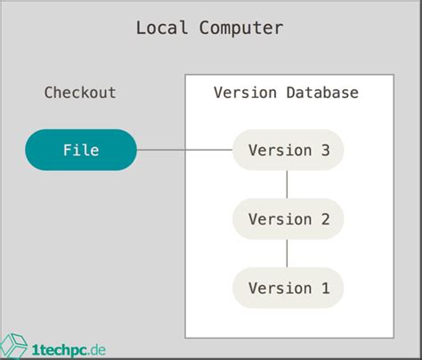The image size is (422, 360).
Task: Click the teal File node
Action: click(80, 150)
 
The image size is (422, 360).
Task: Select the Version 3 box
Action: click(287, 150)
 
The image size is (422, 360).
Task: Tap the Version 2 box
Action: click(287, 219)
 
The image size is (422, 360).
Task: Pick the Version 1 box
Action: click(287, 288)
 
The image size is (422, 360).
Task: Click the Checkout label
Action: click(80, 93)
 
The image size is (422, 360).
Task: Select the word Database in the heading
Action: click(321, 93)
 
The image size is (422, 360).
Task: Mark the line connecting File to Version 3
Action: click(183, 150)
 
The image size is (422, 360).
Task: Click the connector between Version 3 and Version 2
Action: click(287, 184)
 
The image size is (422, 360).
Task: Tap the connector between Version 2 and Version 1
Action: click(287, 254)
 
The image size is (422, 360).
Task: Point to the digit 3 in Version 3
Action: click(325, 150)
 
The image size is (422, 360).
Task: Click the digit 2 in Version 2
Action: click(325, 219)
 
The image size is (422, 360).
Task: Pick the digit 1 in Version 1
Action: click(325, 288)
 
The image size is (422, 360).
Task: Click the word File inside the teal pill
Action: click(80, 150)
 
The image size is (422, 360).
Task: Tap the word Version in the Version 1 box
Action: click(280, 288)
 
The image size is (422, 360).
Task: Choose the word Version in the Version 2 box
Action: click(280, 219)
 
